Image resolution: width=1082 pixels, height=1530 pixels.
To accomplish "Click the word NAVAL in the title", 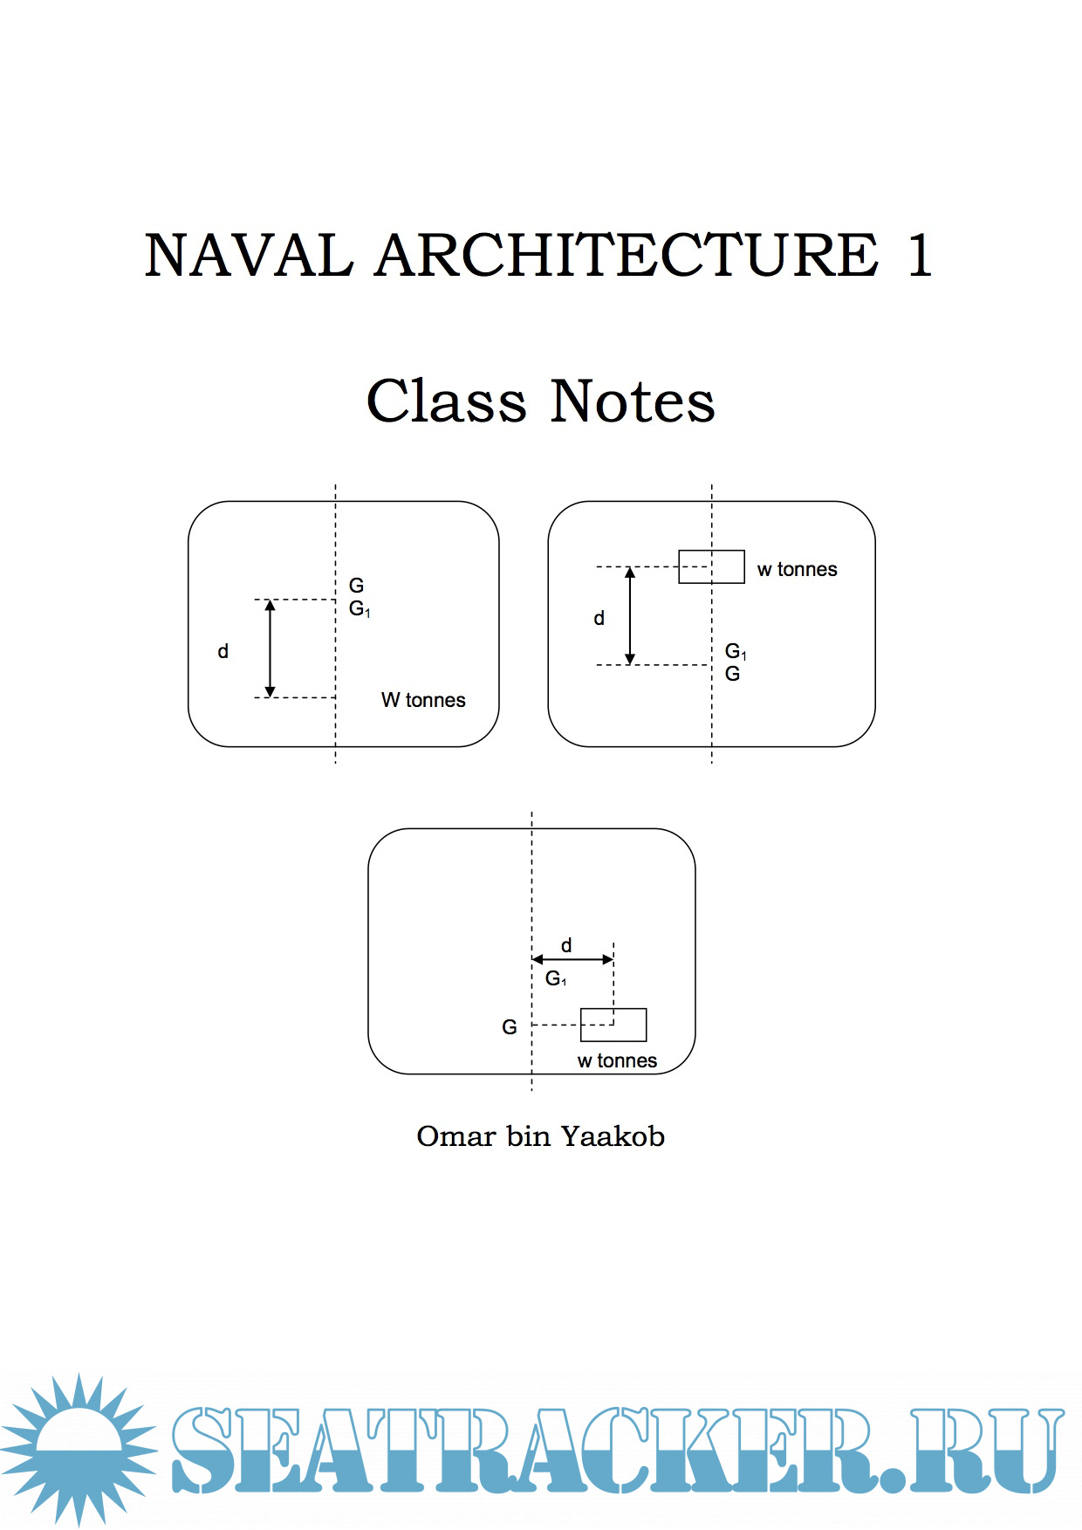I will [x=249, y=256].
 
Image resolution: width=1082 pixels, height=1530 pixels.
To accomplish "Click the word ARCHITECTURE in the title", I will [x=627, y=256].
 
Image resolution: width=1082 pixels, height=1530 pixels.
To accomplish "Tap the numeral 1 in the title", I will [x=919, y=256].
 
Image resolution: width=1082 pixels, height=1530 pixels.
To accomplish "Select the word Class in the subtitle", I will [x=446, y=401].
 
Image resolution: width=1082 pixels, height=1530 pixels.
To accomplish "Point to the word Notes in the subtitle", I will [x=633, y=401].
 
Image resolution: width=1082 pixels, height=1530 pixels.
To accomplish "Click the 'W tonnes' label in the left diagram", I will [x=423, y=700].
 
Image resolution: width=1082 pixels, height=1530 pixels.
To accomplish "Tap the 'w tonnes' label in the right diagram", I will [x=797, y=570].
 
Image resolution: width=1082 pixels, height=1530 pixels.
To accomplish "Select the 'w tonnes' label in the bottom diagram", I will [x=617, y=1060].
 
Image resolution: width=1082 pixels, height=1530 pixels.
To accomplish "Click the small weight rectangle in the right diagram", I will [x=711, y=566].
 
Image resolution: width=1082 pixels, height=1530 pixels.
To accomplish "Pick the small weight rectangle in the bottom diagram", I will [x=613, y=1025].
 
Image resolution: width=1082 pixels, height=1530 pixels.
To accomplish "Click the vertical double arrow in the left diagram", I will [x=270, y=648].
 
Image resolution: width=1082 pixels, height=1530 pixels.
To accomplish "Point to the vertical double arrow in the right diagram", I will [x=630, y=615].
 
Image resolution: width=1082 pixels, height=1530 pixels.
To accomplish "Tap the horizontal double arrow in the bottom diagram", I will [x=572, y=959].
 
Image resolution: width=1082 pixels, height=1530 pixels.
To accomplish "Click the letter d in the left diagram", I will [x=223, y=651].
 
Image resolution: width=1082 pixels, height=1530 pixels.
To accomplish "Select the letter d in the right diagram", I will [x=599, y=618].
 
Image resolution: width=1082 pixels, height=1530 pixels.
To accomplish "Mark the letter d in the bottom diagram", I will [x=566, y=945].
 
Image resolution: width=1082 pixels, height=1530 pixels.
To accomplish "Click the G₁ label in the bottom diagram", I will [x=556, y=978].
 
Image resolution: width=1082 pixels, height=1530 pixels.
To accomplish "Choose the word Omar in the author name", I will [x=455, y=1136].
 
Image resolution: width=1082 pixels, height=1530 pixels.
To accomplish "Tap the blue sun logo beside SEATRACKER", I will [x=79, y=1450].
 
